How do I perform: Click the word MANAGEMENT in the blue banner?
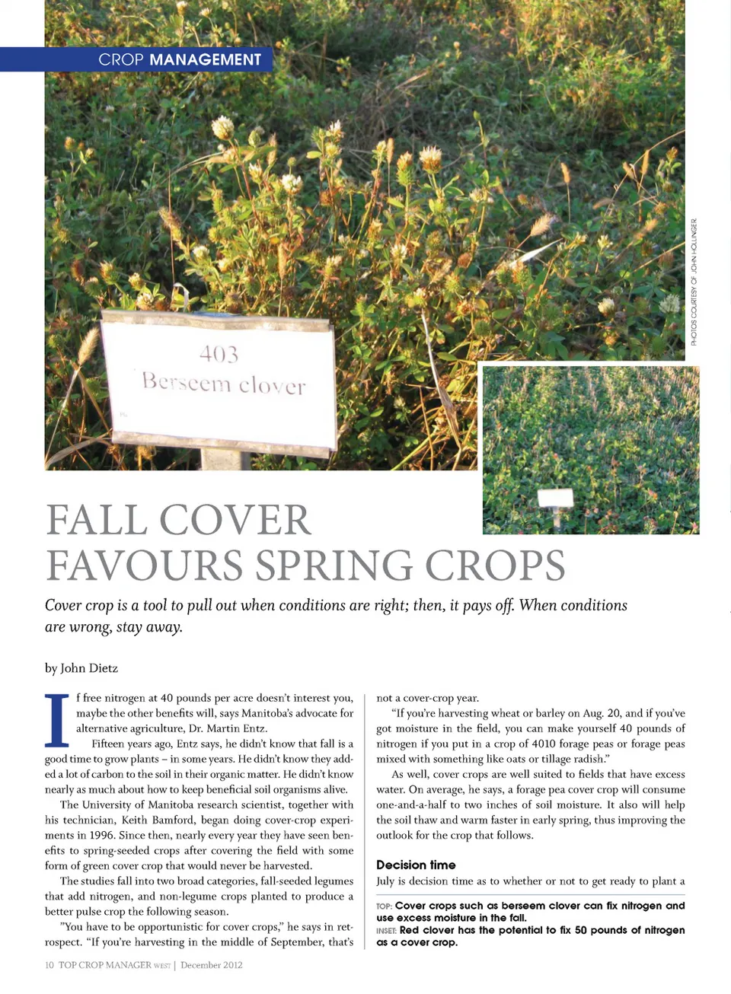point(205,59)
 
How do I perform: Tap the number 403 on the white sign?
point(219,354)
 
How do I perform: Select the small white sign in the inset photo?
point(555,499)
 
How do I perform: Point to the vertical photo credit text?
point(694,282)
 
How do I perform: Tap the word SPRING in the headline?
point(334,565)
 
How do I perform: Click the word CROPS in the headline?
point(495,565)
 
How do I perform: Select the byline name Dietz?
point(103,668)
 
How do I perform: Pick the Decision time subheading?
point(416,865)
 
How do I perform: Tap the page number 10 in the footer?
point(49,965)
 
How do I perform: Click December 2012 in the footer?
point(211,965)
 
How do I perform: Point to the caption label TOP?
point(384,906)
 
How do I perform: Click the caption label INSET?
point(386,931)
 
